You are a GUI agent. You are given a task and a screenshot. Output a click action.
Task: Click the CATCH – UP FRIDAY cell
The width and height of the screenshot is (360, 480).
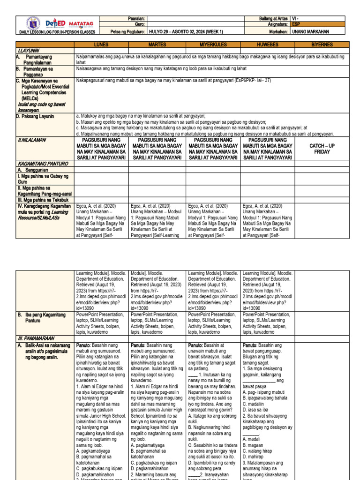pyautogui.click(x=323, y=149)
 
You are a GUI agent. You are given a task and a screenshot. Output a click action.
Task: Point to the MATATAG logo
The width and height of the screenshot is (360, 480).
pyautogui.click(x=81, y=23)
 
